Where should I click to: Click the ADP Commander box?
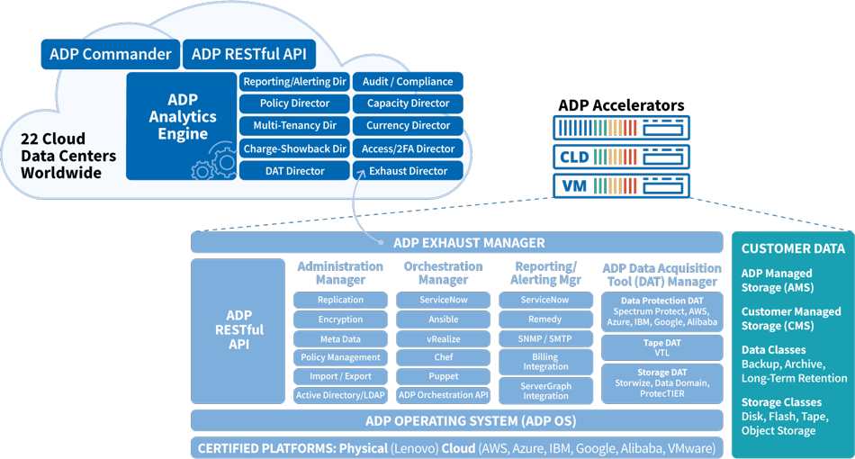111,54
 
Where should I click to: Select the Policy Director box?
294,103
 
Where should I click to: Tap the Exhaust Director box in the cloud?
408,171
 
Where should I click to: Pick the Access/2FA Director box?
408,148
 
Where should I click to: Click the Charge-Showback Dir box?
294,148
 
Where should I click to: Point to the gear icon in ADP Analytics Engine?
217,162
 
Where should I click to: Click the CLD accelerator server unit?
622,157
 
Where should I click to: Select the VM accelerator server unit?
622,186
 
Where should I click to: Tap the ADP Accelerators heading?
621,105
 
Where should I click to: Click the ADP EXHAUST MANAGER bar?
457,243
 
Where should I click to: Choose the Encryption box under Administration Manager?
340,319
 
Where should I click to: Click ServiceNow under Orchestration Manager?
444,300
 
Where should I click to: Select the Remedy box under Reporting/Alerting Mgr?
545,319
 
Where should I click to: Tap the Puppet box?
444,376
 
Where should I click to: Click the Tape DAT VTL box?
662,347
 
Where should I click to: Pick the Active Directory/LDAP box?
340,395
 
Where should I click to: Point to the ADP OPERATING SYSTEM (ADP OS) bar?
457,421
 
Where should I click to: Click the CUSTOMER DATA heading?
793,248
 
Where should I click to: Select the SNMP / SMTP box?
545,338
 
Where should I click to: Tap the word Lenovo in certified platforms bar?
414,448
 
